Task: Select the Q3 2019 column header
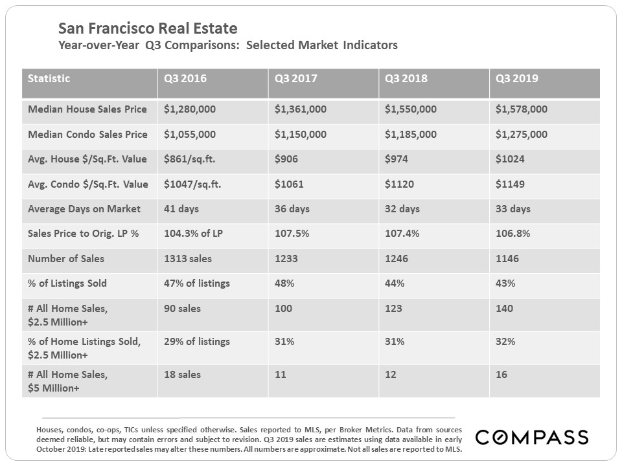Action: point(517,79)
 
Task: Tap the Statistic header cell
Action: point(49,79)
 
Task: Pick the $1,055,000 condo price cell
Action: point(189,135)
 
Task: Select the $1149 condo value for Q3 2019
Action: point(510,184)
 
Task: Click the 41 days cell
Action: point(181,209)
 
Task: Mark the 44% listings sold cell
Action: point(395,283)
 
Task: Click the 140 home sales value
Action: point(504,309)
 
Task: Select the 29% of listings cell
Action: point(196,342)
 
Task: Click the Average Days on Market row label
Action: point(84,209)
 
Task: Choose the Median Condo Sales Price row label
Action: point(87,135)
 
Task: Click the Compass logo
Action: point(532,438)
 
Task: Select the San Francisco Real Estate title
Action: point(148,28)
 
